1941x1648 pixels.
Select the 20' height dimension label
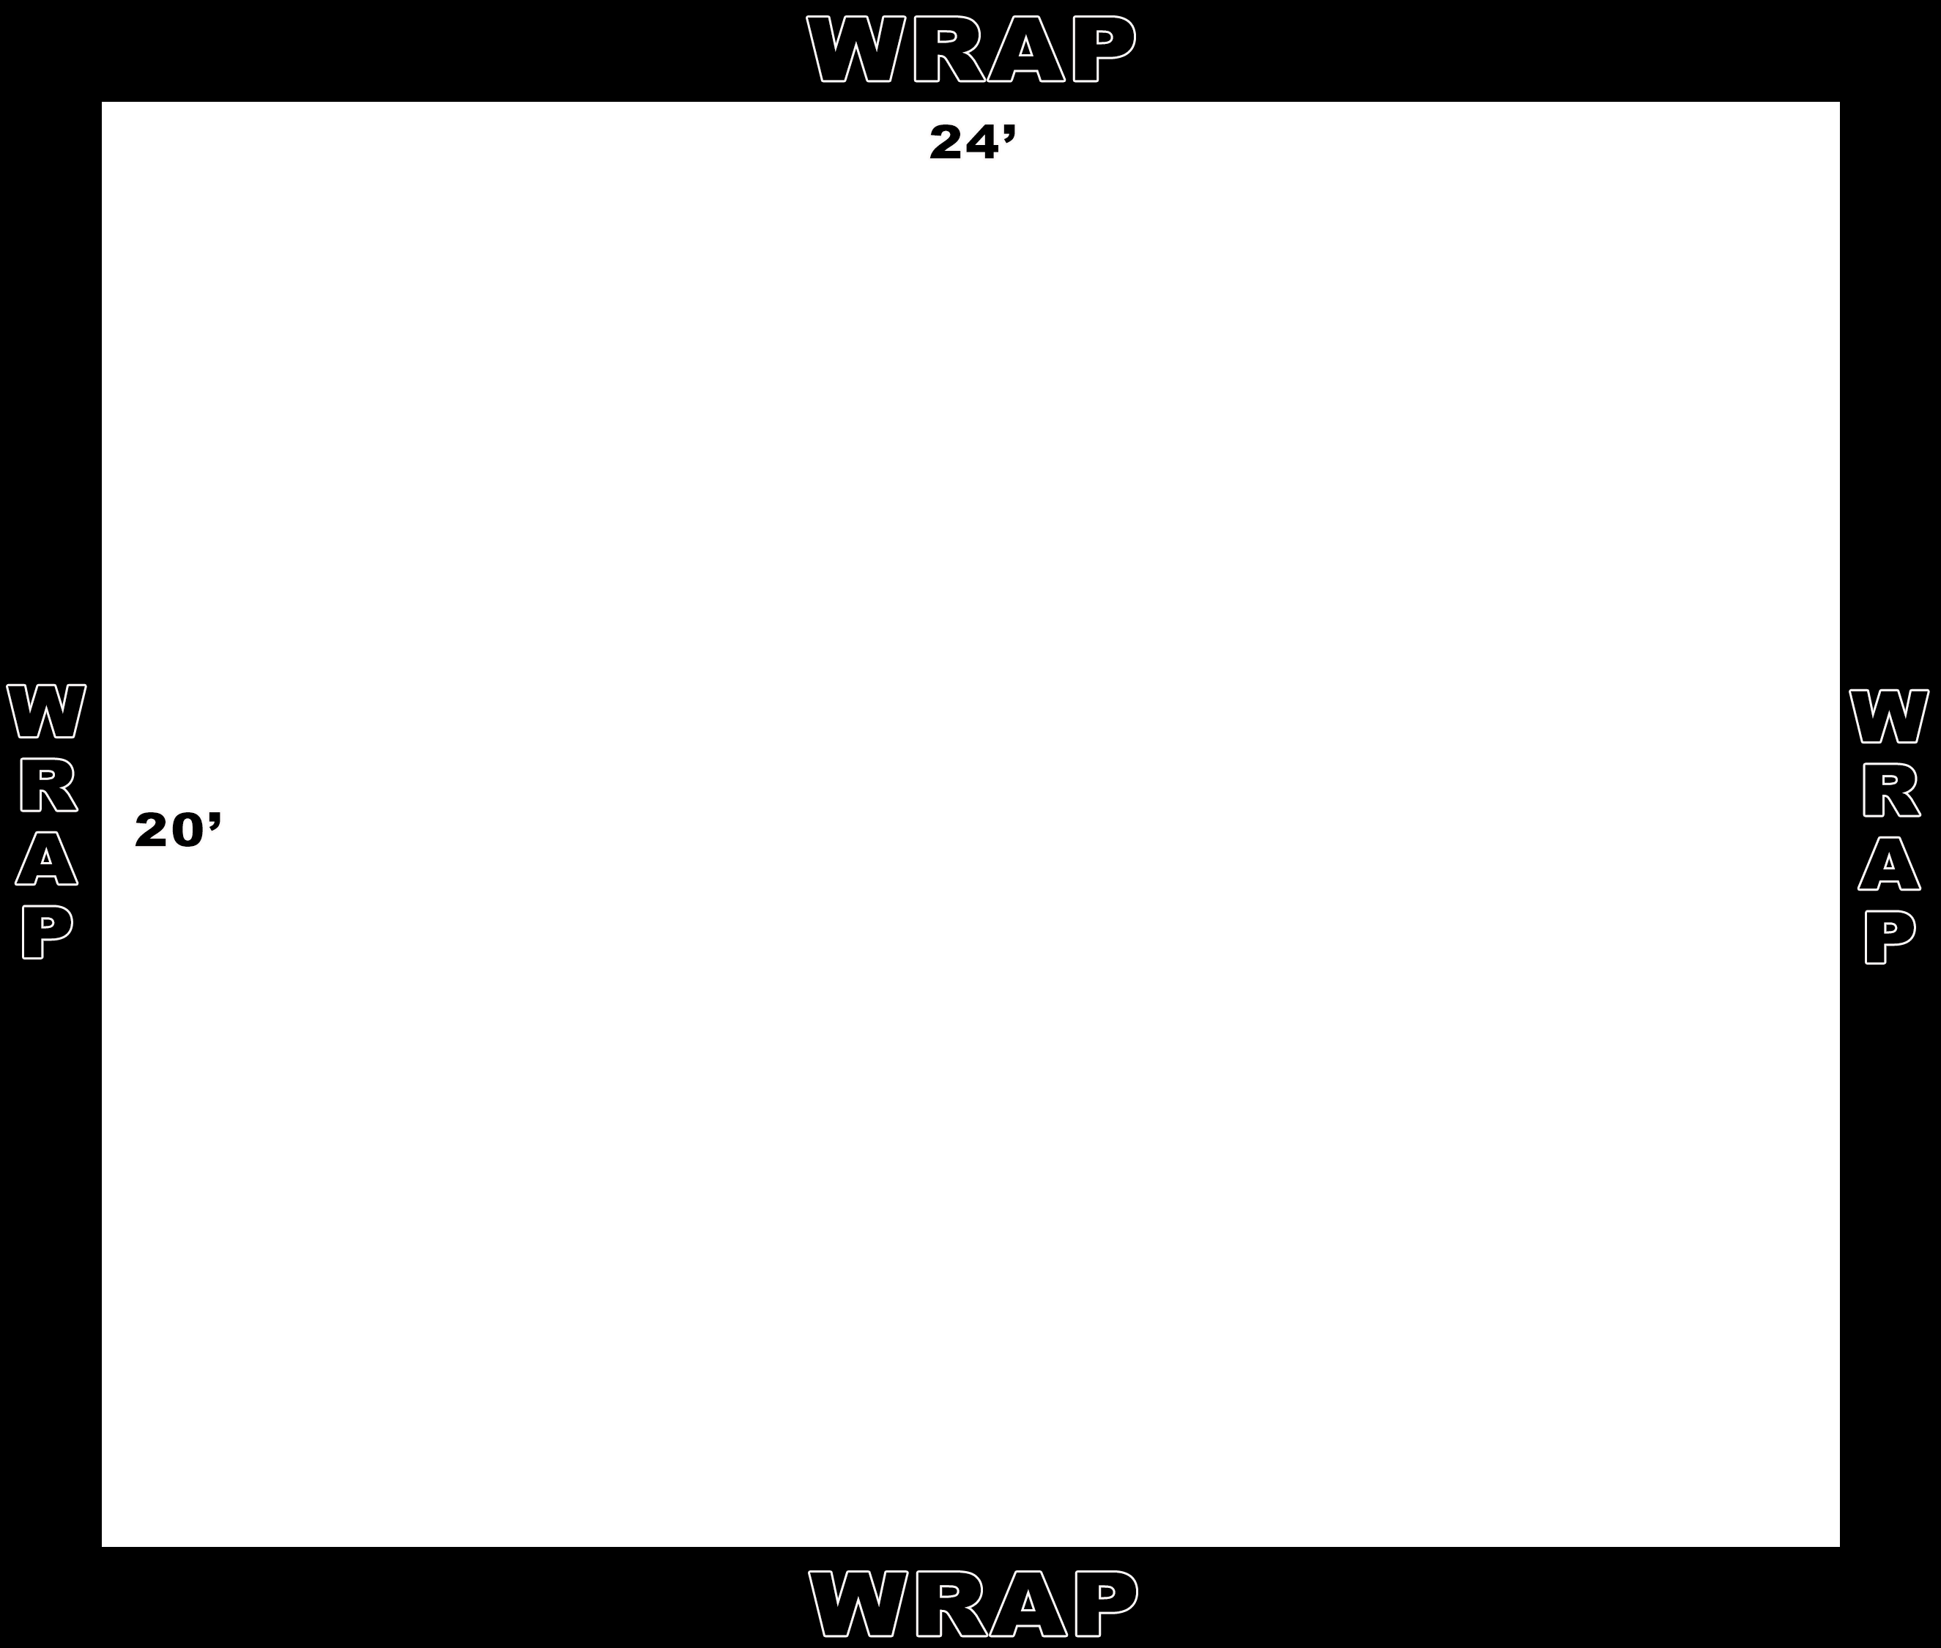(177, 830)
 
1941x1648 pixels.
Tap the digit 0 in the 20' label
(187, 831)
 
